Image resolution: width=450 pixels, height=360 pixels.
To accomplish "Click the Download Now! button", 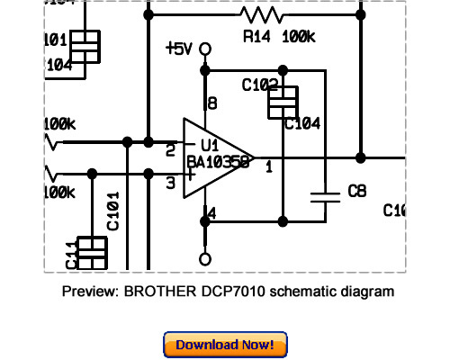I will tap(225, 344).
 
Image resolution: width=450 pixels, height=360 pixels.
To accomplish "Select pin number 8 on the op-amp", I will tap(212, 104).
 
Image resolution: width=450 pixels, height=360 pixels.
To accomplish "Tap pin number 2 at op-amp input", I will tap(170, 149).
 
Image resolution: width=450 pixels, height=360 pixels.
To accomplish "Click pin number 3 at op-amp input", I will tap(170, 184).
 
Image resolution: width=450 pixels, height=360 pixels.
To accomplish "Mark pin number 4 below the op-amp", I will tap(211, 213).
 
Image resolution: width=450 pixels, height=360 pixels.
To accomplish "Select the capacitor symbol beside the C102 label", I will tap(283, 101).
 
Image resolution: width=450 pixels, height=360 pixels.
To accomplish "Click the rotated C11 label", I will tap(71, 255).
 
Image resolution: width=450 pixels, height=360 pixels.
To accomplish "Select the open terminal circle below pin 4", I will tap(205, 259).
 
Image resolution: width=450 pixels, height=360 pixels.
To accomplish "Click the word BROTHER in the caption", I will tap(156, 292).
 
